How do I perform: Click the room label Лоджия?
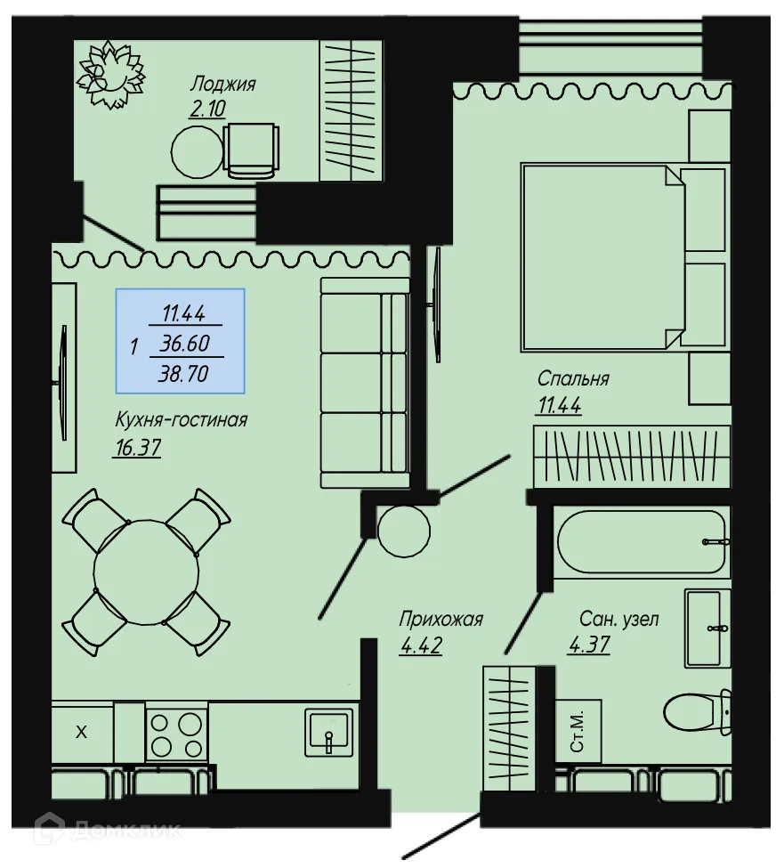[222, 85]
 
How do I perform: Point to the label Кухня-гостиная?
[181, 419]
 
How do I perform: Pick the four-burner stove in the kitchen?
[176, 733]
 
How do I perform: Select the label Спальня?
[572, 378]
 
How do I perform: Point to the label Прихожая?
[441, 620]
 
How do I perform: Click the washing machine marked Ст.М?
[577, 732]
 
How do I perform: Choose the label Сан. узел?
[619, 620]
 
